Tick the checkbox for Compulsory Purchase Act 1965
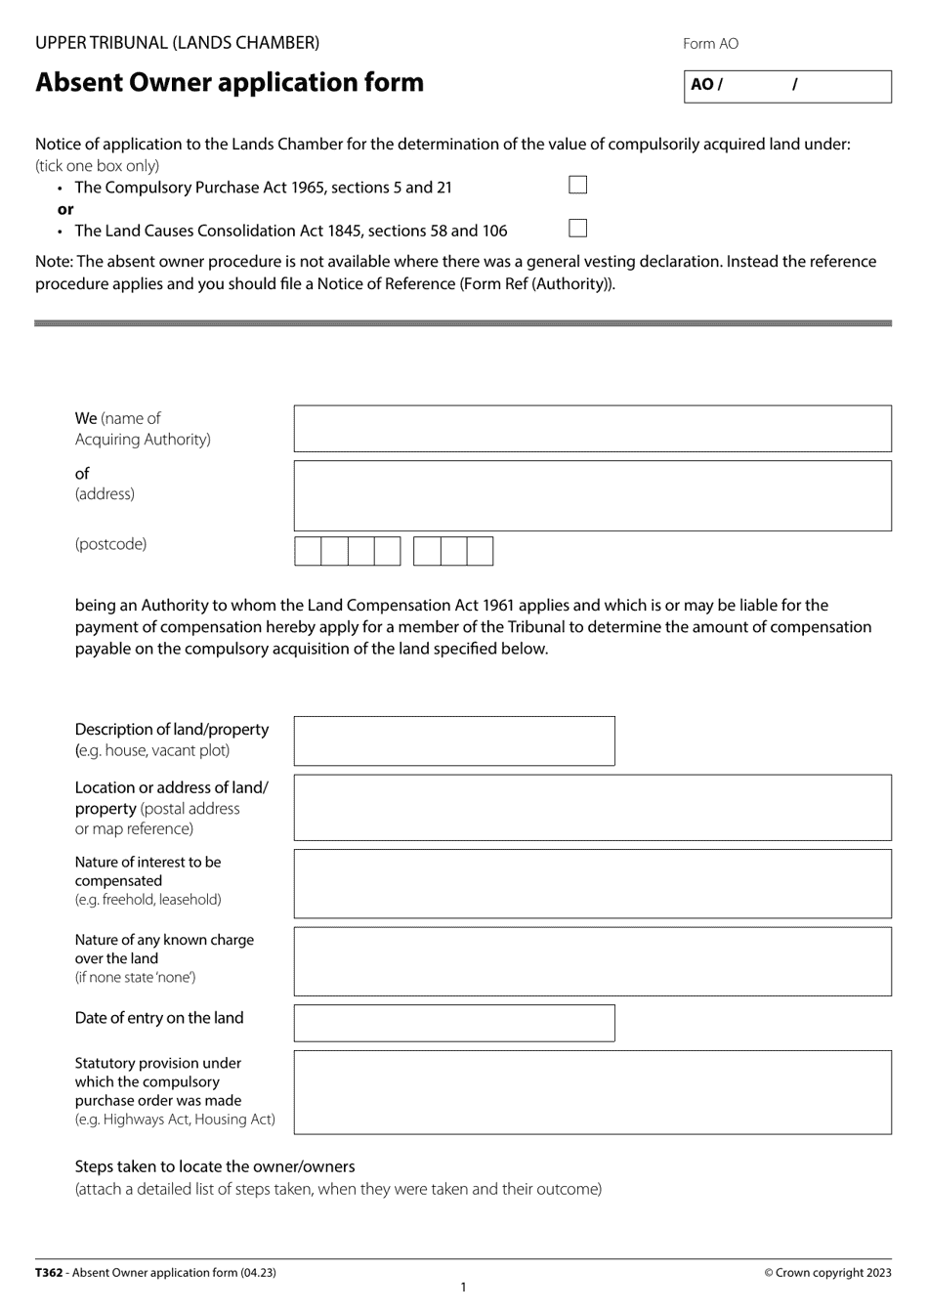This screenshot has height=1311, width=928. pyautogui.click(x=578, y=186)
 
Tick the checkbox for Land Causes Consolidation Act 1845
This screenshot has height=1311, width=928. pyautogui.click(x=578, y=229)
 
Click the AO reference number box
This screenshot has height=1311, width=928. pyautogui.click(x=787, y=86)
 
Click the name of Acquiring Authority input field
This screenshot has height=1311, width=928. pyautogui.click(x=592, y=429)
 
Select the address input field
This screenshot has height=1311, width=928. pyautogui.click(x=592, y=496)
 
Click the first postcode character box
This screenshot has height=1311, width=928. pyautogui.click(x=309, y=551)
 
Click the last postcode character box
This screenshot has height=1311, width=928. pyautogui.click(x=480, y=551)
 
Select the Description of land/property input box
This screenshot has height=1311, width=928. pyautogui.click(x=454, y=741)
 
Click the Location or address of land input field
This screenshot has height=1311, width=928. pyautogui.click(x=592, y=808)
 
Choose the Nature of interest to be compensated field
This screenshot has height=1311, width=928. pyautogui.click(x=592, y=884)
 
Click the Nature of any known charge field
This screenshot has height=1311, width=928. pyautogui.click(x=592, y=962)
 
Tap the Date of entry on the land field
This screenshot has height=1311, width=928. pyautogui.click(x=454, y=1024)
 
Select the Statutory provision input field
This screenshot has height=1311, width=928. pyautogui.click(x=592, y=1092)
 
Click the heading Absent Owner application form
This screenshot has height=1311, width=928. pyautogui.click(x=230, y=83)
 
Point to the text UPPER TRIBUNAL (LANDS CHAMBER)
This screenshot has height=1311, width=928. pyautogui.click(x=177, y=43)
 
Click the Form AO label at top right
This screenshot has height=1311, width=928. pyautogui.click(x=710, y=44)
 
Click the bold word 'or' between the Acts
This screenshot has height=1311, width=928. pyautogui.click(x=65, y=209)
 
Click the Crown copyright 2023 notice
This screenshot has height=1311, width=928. pyautogui.click(x=827, y=1273)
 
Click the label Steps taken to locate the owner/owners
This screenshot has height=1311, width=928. pyautogui.click(x=215, y=1166)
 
